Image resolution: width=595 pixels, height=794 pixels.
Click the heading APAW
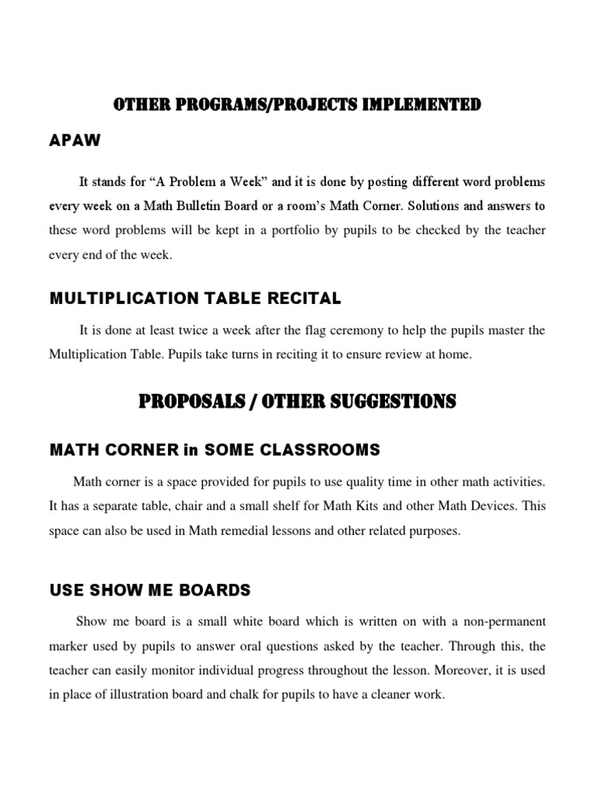coord(74,142)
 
